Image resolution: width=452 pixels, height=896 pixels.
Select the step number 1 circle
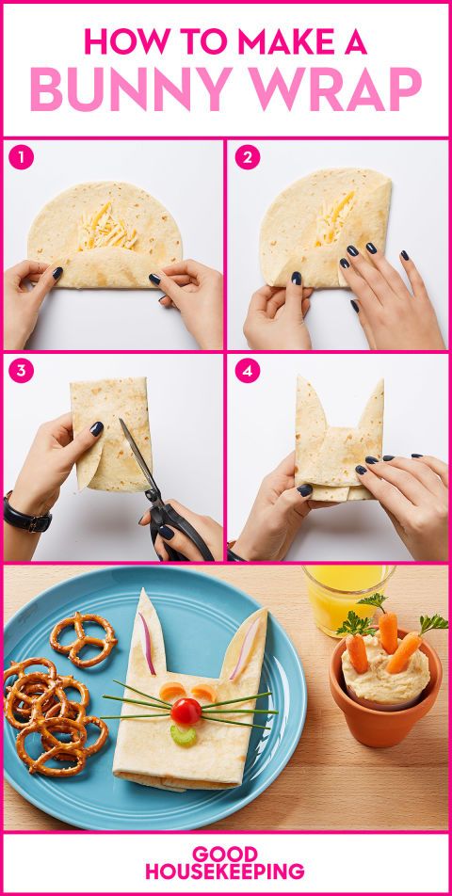pyautogui.click(x=21, y=158)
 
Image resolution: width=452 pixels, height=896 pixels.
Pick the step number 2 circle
pyautogui.click(x=248, y=158)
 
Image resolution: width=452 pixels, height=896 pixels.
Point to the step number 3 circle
pyautogui.click(x=21, y=371)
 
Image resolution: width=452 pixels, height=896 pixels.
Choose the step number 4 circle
pyautogui.click(x=248, y=371)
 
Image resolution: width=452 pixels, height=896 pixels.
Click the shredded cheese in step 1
pyautogui.click(x=107, y=226)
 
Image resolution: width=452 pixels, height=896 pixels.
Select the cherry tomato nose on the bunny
pyautogui.click(x=186, y=711)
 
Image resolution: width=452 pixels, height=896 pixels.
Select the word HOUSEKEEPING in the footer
pyautogui.click(x=224, y=871)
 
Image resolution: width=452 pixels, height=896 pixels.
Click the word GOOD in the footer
pyautogui.click(x=224, y=854)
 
